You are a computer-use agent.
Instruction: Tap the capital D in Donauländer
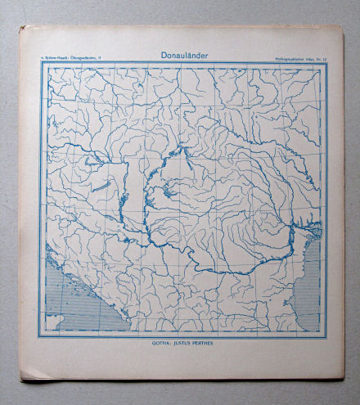coord(155,55)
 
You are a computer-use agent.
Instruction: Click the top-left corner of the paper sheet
coord(20,26)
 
